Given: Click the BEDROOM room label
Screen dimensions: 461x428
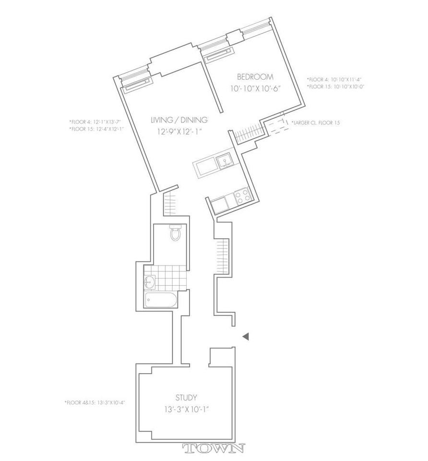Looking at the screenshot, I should click(255, 77).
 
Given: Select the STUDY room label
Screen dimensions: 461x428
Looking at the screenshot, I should click(186, 397).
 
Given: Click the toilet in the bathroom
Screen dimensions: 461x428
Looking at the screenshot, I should click(176, 234).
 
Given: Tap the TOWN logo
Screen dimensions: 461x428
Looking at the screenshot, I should click(214, 449).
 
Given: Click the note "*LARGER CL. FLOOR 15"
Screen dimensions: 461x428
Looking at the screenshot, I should click(316, 123).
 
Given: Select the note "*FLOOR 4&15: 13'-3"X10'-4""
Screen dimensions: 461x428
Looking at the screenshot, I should click(95, 402).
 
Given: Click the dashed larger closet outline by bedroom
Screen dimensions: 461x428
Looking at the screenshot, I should click(275, 126).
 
